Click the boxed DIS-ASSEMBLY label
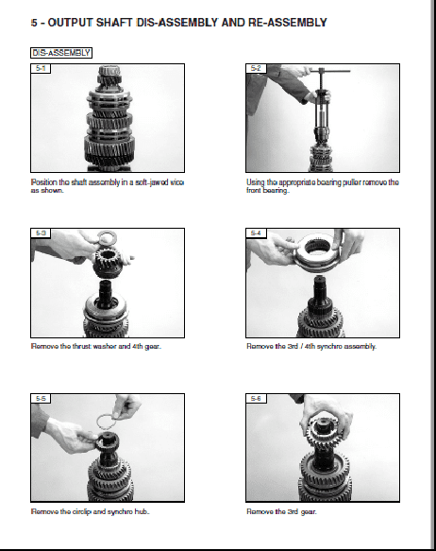click(61, 53)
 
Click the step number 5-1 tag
click(41, 69)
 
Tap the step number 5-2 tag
click(256, 69)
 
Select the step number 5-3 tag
click(41, 233)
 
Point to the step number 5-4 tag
click(256, 233)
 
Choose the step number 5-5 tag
click(41, 398)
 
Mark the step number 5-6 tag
click(256, 398)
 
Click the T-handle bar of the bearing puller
click(329, 71)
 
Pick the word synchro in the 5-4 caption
click(329, 347)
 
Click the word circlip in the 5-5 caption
click(81, 511)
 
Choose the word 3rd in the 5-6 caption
click(293, 511)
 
